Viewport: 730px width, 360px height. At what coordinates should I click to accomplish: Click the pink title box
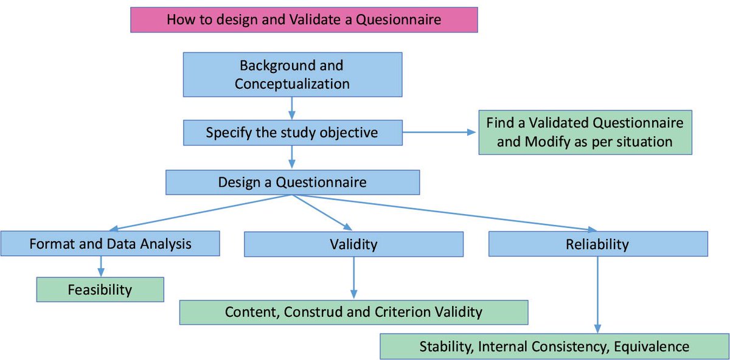pyautogui.click(x=304, y=19)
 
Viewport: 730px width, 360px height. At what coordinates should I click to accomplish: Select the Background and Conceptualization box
pyautogui.click(x=292, y=74)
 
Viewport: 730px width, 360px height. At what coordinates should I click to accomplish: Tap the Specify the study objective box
pyautogui.click(x=292, y=132)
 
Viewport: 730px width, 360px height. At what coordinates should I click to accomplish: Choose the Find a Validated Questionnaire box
pyautogui.click(x=585, y=132)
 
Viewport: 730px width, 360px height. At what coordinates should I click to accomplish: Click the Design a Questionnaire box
pyautogui.click(x=293, y=182)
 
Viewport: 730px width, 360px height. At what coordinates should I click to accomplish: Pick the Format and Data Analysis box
pyautogui.click(x=110, y=244)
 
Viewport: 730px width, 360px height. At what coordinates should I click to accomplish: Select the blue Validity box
pyautogui.click(x=353, y=244)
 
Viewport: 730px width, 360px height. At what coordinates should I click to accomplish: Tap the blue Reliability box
pyautogui.click(x=597, y=244)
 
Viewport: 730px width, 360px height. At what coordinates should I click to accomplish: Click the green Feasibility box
pyautogui.click(x=100, y=289)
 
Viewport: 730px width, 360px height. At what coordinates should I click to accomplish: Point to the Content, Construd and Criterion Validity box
pyautogui.click(x=353, y=312)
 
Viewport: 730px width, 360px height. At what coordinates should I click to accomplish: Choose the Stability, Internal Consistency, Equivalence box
pyautogui.click(x=554, y=347)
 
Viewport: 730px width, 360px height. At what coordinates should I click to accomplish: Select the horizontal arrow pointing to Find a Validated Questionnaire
pyautogui.click(x=438, y=132)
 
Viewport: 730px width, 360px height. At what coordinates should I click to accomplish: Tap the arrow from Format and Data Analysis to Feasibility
pyautogui.click(x=100, y=266)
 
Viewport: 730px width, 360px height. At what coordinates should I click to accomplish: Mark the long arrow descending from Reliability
pyautogui.click(x=598, y=294)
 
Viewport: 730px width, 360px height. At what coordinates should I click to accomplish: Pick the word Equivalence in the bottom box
pyautogui.click(x=652, y=347)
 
